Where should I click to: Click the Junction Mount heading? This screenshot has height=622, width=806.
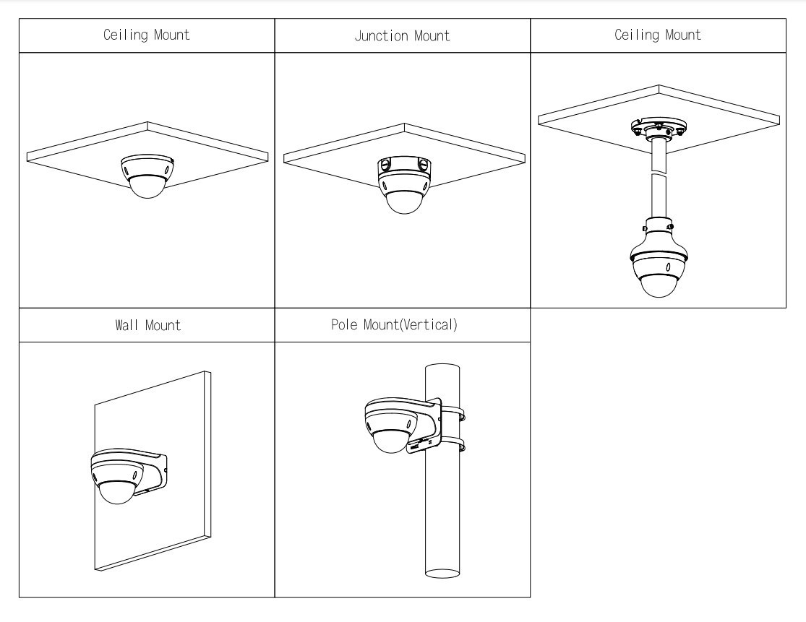(x=403, y=36)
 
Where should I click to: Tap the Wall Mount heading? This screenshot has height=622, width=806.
(x=147, y=326)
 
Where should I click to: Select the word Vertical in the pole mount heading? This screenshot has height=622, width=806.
(x=432, y=326)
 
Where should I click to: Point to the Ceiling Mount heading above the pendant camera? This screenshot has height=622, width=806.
(x=658, y=35)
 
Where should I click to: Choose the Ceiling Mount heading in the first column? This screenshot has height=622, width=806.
(x=147, y=35)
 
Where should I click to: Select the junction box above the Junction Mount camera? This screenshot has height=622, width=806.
(x=403, y=169)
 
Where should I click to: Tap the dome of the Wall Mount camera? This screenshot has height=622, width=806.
(x=119, y=491)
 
